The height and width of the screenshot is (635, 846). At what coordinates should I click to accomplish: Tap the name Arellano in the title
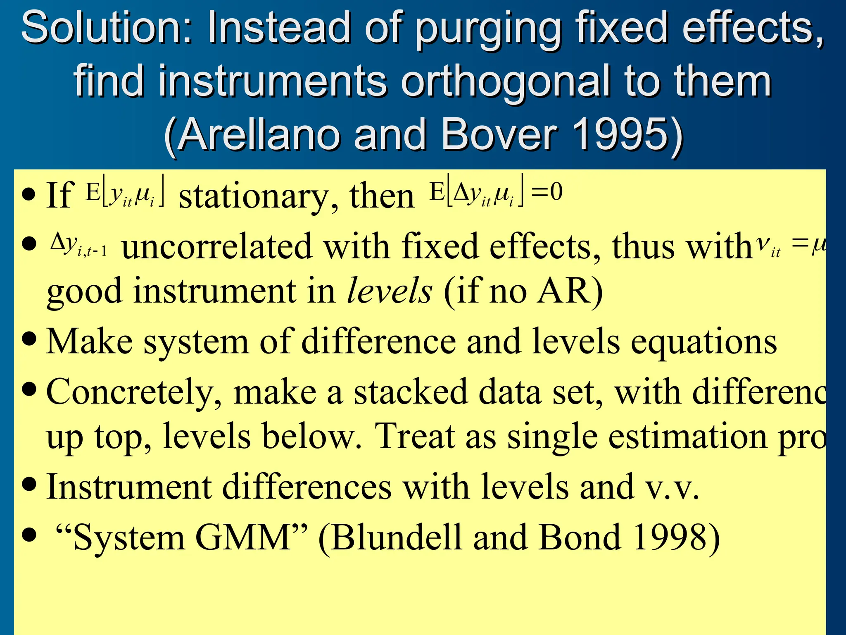point(260,134)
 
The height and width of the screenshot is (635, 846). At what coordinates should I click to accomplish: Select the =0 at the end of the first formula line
point(547,192)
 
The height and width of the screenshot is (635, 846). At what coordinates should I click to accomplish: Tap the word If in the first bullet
point(60,195)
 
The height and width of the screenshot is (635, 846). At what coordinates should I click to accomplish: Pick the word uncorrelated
point(216,247)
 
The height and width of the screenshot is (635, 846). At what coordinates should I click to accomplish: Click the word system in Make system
point(196,342)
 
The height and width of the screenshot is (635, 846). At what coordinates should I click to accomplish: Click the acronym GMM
point(244,538)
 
